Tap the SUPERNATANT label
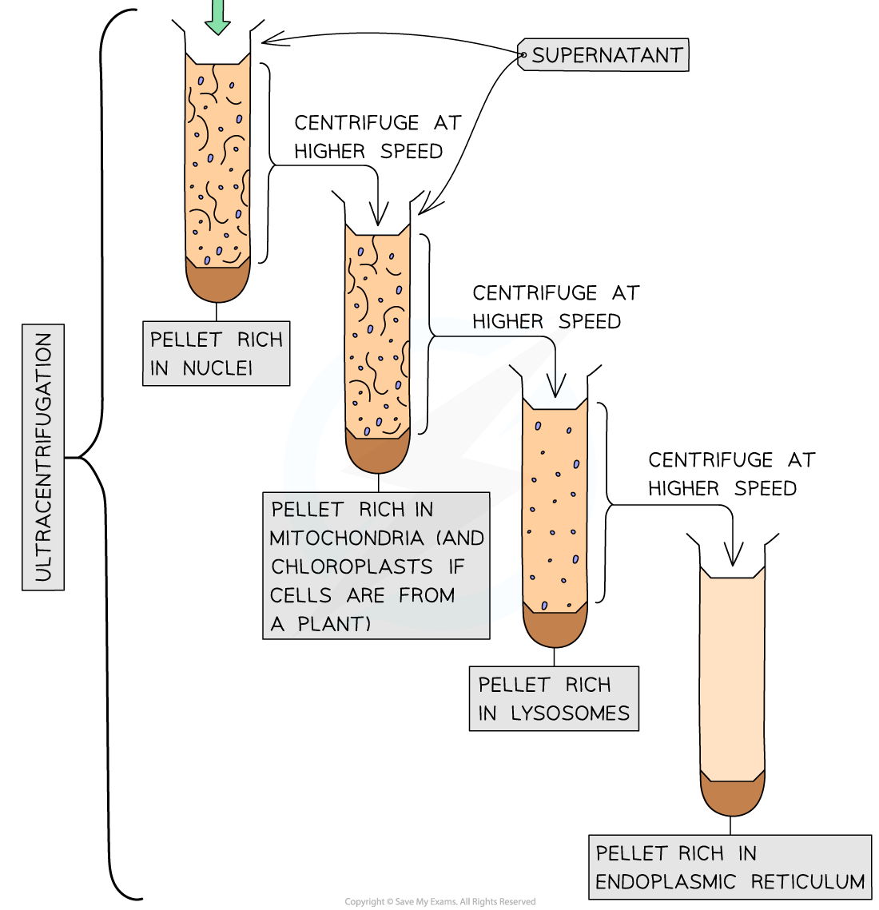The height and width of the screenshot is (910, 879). [607, 55]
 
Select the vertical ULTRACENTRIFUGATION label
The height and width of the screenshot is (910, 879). [43, 457]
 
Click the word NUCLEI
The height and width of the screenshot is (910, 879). [217, 368]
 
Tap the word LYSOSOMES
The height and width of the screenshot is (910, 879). [571, 713]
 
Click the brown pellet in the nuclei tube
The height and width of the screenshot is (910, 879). [217, 283]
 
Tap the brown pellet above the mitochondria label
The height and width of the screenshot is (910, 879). [377, 454]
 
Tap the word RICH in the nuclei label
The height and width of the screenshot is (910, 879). [261, 340]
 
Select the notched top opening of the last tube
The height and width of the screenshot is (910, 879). [732, 574]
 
